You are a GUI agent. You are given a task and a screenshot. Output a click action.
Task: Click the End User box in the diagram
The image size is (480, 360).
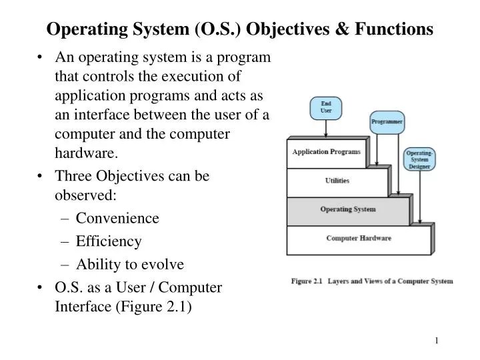327,108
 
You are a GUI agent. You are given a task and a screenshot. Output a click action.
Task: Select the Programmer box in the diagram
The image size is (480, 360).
387,122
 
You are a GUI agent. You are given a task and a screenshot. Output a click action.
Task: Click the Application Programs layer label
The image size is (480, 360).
327,151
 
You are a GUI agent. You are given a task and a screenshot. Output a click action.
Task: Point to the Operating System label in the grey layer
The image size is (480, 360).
348,209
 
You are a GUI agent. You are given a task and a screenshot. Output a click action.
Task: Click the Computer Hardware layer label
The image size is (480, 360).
359,238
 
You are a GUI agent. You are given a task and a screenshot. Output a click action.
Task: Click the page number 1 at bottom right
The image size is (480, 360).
437,341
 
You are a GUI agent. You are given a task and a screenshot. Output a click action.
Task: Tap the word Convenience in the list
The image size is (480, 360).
117,218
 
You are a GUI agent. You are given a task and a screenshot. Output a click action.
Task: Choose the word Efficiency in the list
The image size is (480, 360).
109,241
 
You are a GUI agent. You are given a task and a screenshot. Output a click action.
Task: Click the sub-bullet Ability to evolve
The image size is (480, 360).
129,264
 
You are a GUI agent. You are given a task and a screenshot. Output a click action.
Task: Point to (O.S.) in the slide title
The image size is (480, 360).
220,29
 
